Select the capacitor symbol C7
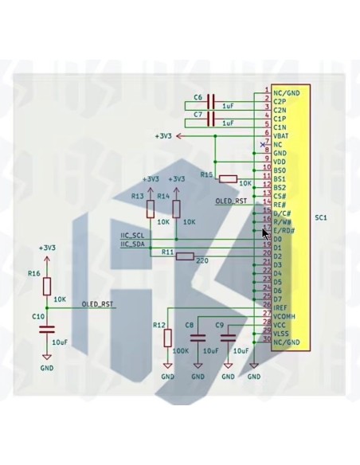[211, 119]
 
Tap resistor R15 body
[228, 178]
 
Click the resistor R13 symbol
[151, 209]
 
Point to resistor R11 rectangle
[185, 256]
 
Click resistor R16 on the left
[47, 287]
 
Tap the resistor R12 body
[167, 338]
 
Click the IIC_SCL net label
[132, 236]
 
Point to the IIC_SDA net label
[132, 244]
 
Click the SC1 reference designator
[321, 217]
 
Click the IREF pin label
[280, 307]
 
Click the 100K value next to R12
[180, 350]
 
